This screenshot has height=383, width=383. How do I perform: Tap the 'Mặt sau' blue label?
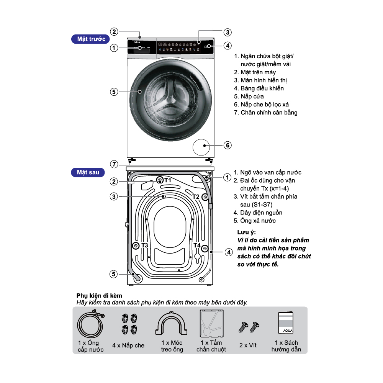coord(88,172)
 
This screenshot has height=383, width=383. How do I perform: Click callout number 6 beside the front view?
coord(228,145)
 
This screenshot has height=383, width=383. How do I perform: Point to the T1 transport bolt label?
coord(167,179)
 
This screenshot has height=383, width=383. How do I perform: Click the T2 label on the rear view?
coord(196,196)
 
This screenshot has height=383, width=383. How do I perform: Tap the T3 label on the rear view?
coord(144,245)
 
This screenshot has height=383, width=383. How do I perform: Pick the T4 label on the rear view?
coord(196,245)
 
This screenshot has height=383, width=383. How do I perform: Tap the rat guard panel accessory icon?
coord(211,323)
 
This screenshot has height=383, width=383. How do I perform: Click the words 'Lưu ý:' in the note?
coord(246,232)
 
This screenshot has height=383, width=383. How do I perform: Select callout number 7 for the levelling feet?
coord(114,164)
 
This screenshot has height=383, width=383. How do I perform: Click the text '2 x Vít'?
coord(248,345)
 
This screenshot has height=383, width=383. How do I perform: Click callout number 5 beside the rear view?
coord(114,274)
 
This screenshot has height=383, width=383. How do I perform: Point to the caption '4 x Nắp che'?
coord(128,345)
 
